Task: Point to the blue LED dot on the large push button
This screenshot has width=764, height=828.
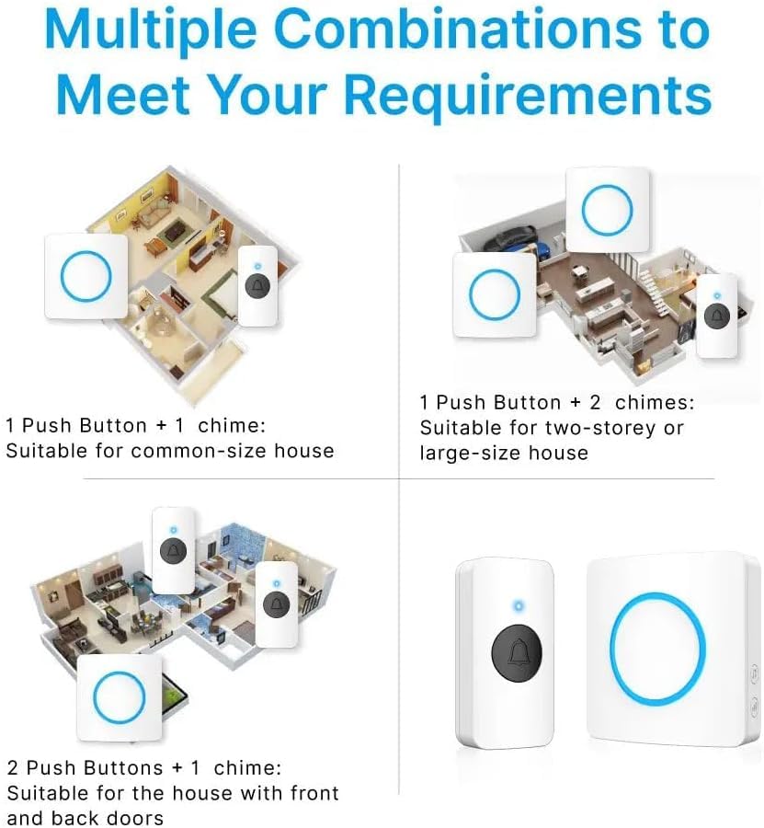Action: [x=519, y=605]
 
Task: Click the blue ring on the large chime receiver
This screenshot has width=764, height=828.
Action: [x=657, y=648]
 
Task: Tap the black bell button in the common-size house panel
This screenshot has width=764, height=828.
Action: [x=257, y=286]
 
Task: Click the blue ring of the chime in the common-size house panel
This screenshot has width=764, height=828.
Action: [x=86, y=276]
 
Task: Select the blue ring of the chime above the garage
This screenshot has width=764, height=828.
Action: [x=607, y=210]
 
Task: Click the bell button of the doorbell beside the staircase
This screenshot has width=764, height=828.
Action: [x=716, y=316]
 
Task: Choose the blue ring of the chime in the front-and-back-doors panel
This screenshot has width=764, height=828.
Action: [x=120, y=697]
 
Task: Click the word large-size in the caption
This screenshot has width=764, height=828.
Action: [x=473, y=454]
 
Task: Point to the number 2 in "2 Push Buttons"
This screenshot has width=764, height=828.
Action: [x=13, y=768]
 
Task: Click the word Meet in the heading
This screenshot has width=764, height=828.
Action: [x=123, y=94]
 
